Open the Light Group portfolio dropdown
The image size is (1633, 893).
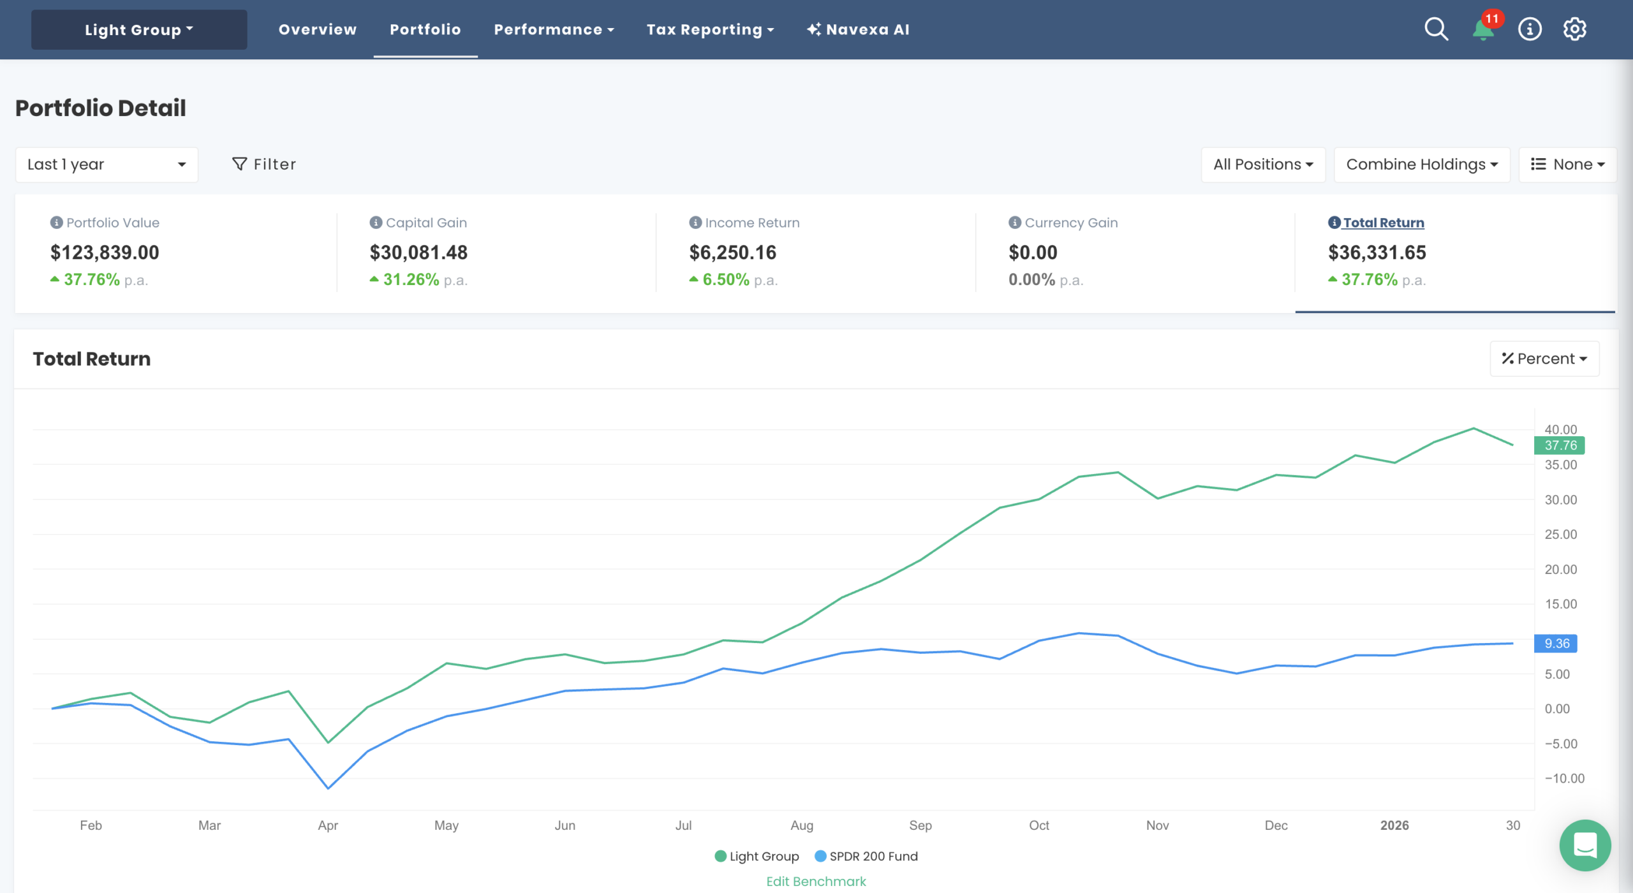tap(138, 30)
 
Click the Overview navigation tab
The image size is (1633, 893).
tap(317, 29)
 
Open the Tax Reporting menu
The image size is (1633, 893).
tap(709, 29)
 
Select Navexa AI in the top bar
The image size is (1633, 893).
tap(858, 29)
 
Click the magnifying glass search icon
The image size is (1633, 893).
tap(1436, 29)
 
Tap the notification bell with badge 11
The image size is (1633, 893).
tap(1483, 29)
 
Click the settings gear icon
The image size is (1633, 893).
tap(1574, 29)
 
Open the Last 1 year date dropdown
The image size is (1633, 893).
tap(107, 165)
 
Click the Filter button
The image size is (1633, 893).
tap(264, 165)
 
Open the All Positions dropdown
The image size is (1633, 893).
tap(1262, 165)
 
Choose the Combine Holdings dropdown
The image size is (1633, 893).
tap(1421, 165)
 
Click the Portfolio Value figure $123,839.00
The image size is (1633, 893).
tap(105, 253)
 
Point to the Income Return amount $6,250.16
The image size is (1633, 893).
tap(732, 253)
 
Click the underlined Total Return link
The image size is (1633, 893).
tap(1383, 223)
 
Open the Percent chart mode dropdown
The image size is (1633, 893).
tap(1544, 358)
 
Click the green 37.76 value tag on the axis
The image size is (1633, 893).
tap(1559, 445)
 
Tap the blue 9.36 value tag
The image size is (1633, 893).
tap(1556, 644)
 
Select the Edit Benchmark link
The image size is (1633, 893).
tap(816, 881)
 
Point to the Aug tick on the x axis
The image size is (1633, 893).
tap(802, 825)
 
